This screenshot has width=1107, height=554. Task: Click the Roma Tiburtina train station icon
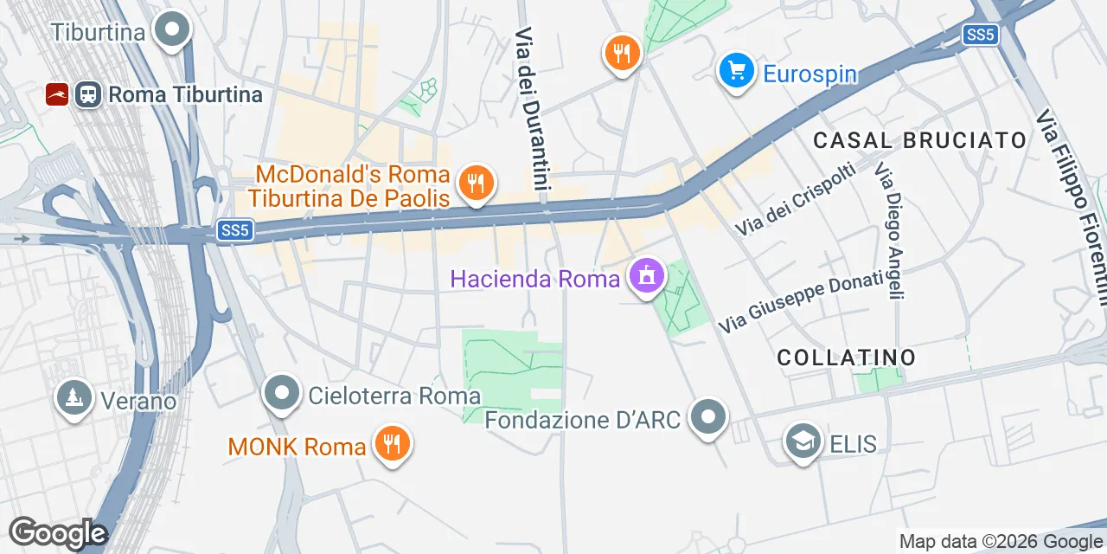click(87, 94)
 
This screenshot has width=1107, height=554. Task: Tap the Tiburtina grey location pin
click(171, 30)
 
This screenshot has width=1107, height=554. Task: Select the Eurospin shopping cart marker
click(736, 69)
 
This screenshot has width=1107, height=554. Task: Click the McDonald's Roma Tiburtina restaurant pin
click(475, 183)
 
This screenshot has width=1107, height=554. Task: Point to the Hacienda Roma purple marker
click(646, 276)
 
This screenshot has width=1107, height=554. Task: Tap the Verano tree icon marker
click(74, 398)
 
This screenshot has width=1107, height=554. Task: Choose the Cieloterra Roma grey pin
click(281, 394)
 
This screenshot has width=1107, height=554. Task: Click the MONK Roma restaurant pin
click(392, 444)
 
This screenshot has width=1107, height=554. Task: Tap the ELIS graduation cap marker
click(803, 442)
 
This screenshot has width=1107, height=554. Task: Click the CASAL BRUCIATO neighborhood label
click(920, 140)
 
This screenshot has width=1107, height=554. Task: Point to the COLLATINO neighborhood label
click(846, 357)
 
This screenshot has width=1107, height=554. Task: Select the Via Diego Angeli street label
click(890, 231)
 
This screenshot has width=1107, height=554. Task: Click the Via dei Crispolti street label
click(796, 199)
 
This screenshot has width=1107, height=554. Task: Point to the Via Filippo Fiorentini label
click(1073, 208)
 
